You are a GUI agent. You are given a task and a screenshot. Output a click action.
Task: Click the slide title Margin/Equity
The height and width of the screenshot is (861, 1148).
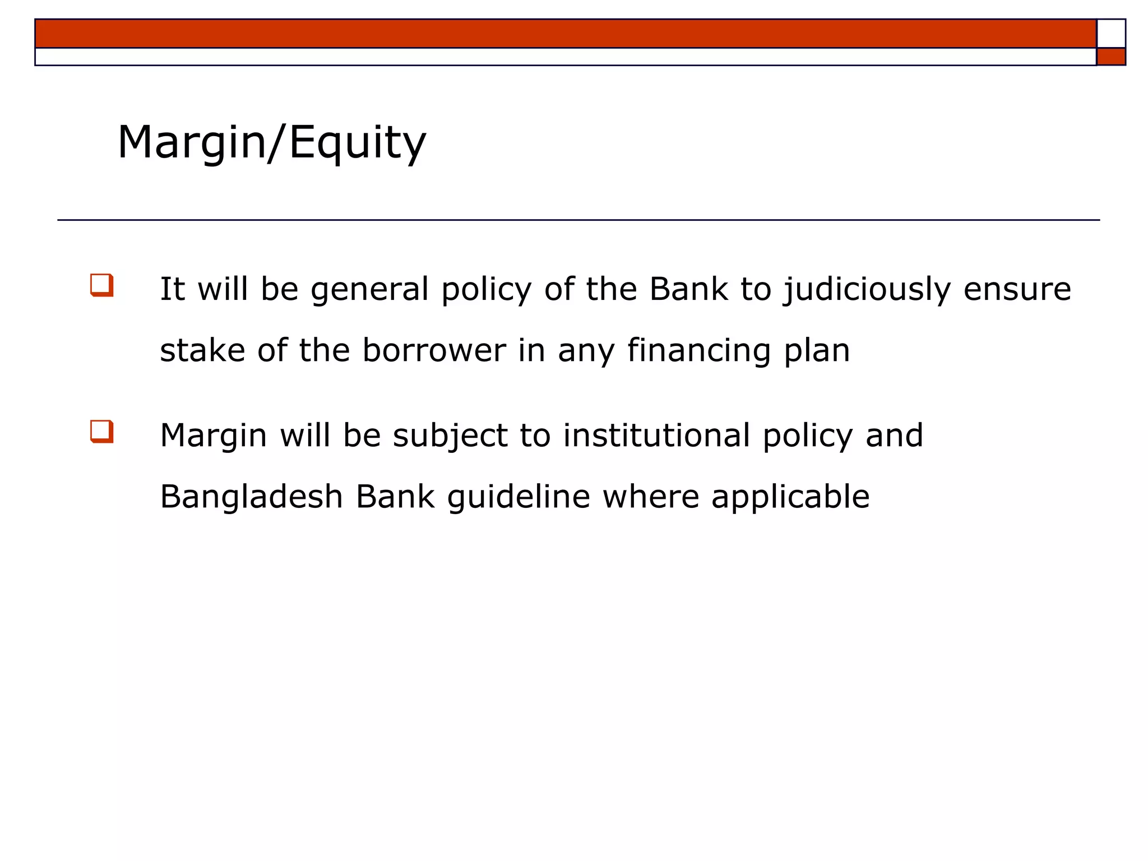[x=272, y=143]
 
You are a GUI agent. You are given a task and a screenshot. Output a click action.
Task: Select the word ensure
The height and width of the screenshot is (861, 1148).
[x=1017, y=289]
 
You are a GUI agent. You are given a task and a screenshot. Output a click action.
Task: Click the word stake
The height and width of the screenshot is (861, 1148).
[x=202, y=350]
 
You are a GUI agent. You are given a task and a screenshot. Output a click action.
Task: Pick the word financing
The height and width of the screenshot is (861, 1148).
[x=698, y=351]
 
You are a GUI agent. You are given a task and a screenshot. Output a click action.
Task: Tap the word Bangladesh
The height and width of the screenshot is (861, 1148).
[x=251, y=497]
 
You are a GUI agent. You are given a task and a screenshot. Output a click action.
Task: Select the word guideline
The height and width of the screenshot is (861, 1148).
[x=519, y=497]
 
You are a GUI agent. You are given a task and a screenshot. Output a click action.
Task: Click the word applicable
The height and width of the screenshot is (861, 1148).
[x=790, y=497]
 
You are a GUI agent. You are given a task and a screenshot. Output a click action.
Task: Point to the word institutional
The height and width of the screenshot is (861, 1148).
[x=656, y=436]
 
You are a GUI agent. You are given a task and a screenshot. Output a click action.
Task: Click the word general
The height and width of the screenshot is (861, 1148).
[x=369, y=290]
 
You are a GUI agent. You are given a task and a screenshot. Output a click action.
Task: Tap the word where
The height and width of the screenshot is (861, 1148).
[x=651, y=497]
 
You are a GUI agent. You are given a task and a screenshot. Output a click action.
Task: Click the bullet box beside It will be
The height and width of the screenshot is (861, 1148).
[x=102, y=285]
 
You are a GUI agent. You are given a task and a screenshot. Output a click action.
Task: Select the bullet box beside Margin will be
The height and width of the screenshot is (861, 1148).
[x=102, y=432]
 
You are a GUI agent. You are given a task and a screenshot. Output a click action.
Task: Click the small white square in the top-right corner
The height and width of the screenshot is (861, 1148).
[x=1110, y=34]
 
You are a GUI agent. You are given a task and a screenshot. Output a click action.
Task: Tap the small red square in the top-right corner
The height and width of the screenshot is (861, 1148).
[x=1110, y=57]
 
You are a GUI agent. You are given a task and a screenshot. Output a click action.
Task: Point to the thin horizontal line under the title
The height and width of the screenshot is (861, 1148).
[x=578, y=220]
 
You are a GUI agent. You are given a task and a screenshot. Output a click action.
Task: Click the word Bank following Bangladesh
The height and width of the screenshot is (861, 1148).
[x=395, y=497]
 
